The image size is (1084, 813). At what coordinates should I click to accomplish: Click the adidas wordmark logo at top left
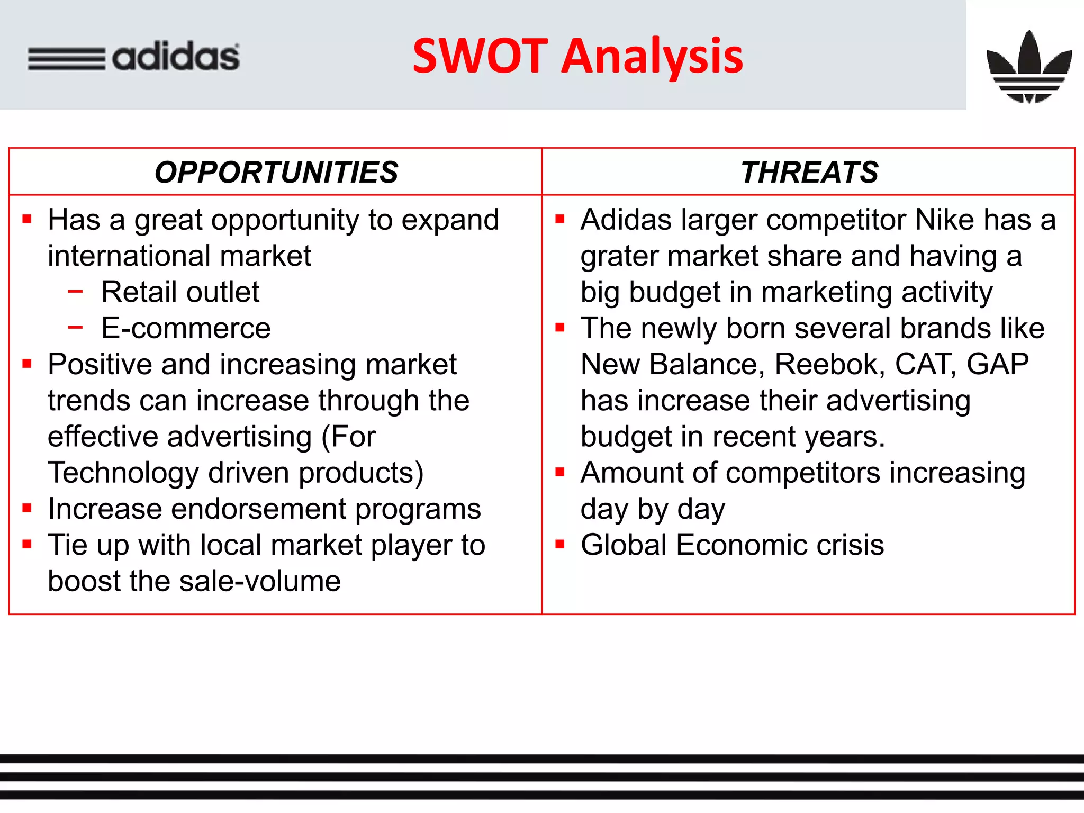coord(133,57)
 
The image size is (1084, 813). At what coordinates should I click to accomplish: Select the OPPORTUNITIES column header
coord(276,173)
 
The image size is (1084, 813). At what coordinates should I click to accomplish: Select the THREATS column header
coord(809,173)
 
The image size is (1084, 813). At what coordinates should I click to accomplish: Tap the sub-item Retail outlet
coord(180,292)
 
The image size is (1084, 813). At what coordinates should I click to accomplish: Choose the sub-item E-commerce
coord(186,328)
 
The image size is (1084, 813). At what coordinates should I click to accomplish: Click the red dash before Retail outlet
coord(76,291)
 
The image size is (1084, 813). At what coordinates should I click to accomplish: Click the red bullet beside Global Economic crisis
coord(560,544)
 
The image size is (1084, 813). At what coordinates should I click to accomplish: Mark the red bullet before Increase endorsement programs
coord(28,508)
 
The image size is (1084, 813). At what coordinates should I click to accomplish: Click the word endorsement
coord(258,509)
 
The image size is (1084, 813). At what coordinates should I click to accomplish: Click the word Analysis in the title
coord(652,56)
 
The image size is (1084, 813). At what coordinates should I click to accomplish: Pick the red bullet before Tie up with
coord(28,544)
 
